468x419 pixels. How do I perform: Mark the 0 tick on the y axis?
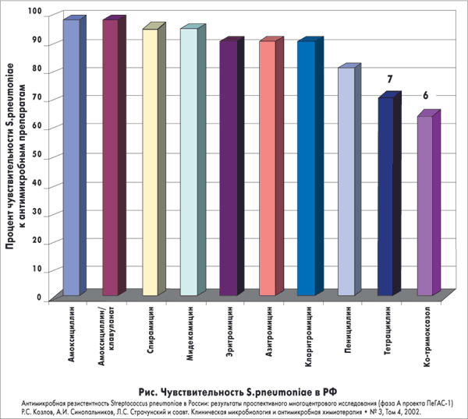pos(40,296)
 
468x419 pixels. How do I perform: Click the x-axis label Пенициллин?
pos(349,335)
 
